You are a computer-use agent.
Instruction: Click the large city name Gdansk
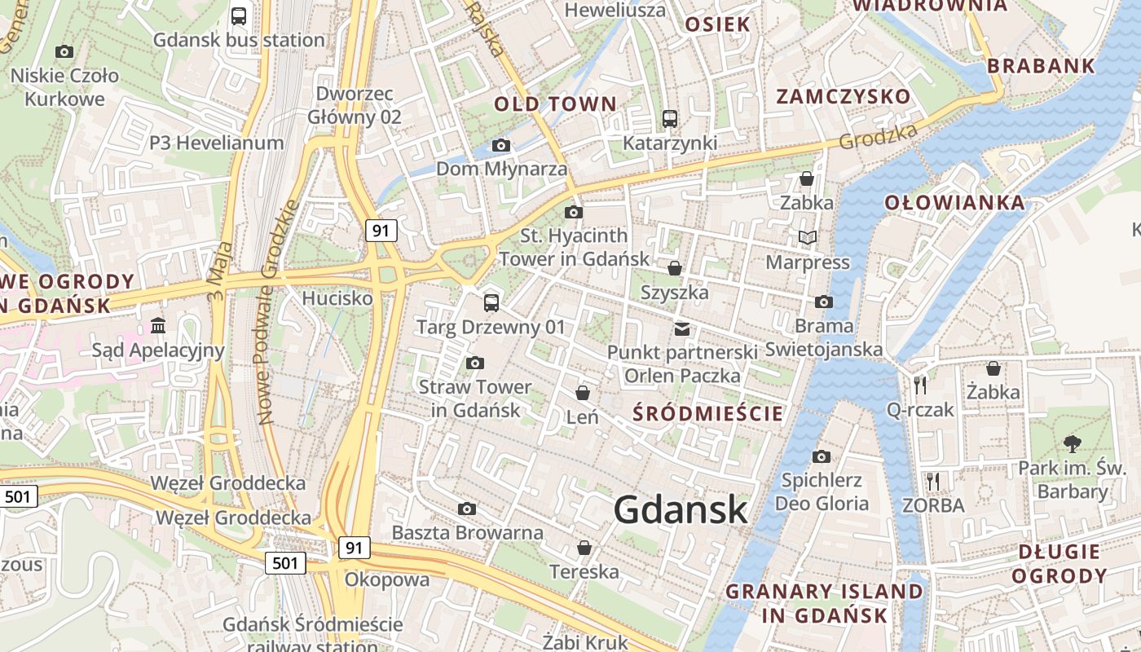681,510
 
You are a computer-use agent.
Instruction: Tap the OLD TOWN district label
556,104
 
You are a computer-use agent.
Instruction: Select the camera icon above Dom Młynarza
501,146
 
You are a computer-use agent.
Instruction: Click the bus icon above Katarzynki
670,119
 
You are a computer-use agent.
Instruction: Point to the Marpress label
808,262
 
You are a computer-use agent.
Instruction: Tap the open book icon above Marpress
808,238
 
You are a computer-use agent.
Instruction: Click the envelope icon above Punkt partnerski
682,329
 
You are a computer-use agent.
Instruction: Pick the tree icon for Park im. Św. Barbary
1072,444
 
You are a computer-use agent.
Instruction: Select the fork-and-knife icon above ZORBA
933,481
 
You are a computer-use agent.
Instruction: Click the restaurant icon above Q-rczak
921,385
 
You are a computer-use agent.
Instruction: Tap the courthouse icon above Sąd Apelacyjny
158,327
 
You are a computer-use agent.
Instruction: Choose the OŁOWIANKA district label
954,203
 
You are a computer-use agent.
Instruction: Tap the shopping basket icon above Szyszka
675,268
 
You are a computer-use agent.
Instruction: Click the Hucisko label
337,298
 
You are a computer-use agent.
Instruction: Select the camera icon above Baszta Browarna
467,509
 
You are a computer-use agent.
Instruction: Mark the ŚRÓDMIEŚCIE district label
708,413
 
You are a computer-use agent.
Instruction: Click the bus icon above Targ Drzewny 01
491,303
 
